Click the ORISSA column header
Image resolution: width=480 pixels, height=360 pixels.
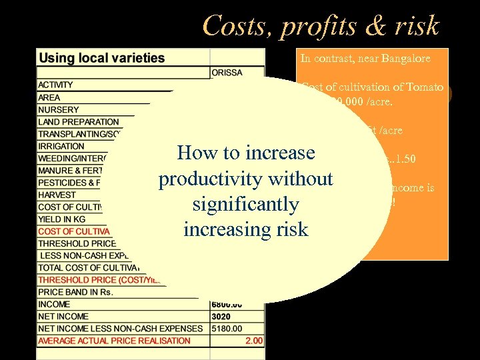pos(227,72)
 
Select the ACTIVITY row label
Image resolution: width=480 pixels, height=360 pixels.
pos(55,85)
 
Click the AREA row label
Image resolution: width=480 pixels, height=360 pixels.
pos(49,97)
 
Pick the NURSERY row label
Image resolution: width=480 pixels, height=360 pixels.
pos(58,109)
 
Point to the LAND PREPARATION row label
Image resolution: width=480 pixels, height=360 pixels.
pos(78,122)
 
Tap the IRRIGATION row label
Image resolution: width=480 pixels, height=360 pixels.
pos(61,146)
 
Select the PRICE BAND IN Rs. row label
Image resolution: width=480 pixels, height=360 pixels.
pos(75,291)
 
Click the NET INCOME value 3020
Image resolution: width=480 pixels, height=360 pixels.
pos(221,316)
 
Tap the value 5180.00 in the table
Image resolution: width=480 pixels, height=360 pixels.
pos(227,328)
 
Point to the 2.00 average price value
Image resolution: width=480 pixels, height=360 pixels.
pos(253,341)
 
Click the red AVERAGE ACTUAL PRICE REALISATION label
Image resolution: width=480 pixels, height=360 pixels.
pos(114,341)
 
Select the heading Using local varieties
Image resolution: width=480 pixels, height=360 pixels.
pos(101,57)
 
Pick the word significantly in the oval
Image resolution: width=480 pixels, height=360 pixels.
pos(245,204)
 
